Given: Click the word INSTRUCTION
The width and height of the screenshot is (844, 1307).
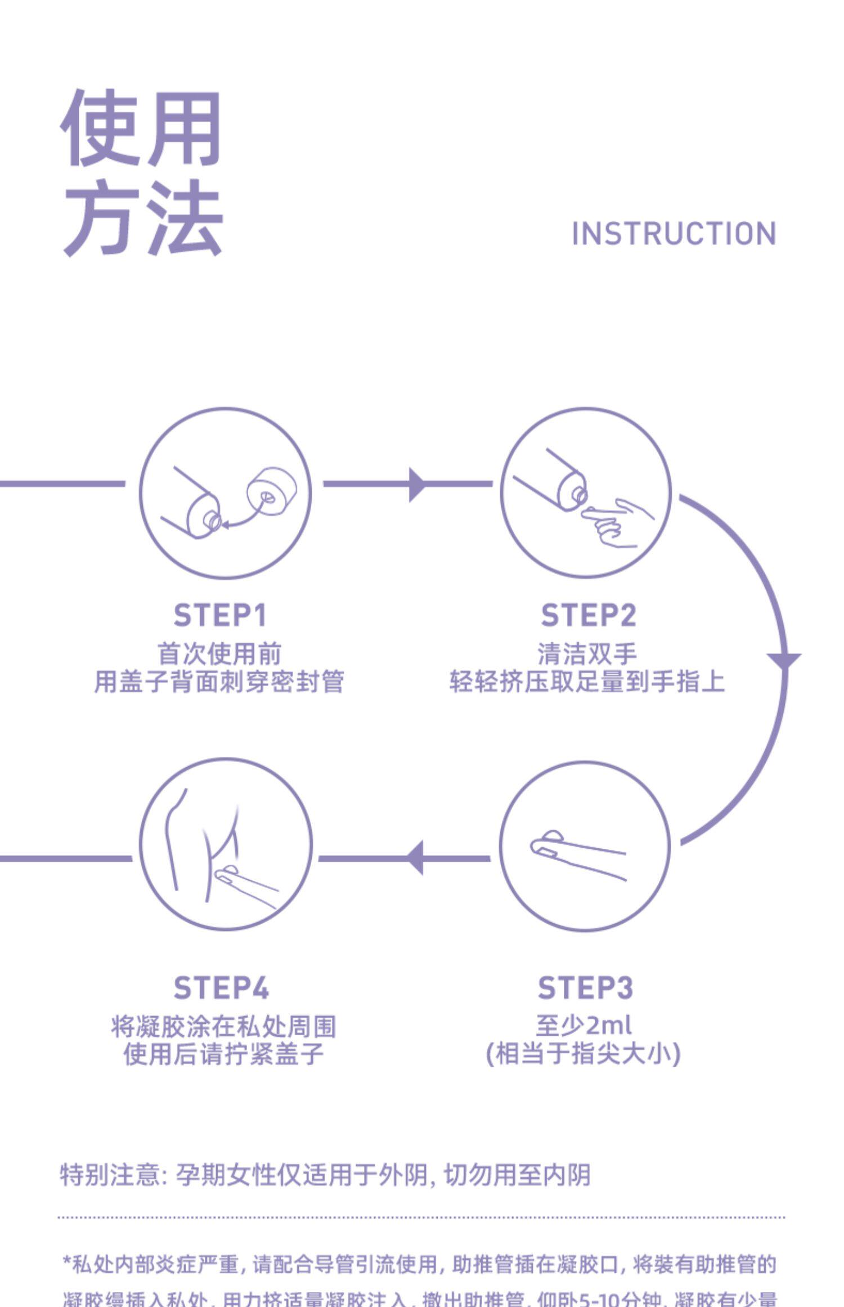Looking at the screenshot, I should (x=674, y=234).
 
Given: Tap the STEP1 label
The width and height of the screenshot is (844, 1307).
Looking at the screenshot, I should (x=219, y=615).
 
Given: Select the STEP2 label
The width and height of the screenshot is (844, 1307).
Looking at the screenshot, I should (x=588, y=615).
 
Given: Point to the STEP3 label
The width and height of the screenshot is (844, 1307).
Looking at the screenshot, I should (x=585, y=988).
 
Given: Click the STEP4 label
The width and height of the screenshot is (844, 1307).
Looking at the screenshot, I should (x=221, y=988).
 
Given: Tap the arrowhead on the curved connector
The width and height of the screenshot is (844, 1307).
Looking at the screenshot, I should (x=784, y=660).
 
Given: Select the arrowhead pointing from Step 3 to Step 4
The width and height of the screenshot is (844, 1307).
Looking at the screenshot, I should (x=415, y=858).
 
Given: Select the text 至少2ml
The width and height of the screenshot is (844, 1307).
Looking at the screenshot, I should (x=583, y=1025).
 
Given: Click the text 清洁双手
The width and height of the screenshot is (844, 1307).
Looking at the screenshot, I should (x=587, y=653).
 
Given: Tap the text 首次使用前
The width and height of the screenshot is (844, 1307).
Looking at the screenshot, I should (x=219, y=653).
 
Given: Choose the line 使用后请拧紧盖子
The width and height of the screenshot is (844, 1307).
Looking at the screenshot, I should (x=223, y=1054).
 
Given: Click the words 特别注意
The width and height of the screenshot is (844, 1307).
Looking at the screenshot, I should (x=110, y=1175).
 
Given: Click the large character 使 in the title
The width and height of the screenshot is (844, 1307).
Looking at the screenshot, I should (x=100, y=128).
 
